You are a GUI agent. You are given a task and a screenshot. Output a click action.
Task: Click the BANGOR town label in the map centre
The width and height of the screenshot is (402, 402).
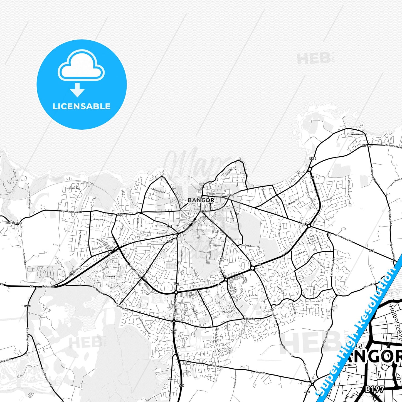pyautogui.click(x=201, y=200)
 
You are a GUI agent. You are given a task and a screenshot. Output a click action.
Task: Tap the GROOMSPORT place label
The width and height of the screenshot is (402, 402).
pyautogui.click(x=357, y=134)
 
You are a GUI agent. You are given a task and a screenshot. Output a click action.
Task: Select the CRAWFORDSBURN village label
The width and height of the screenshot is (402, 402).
pyautogui.click(x=13, y=223)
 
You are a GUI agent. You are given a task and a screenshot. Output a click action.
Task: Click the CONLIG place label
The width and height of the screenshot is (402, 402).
pyautogui.click(x=172, y=379)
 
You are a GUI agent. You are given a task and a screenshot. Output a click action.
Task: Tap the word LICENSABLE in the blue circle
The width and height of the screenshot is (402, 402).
pyautogui.click(x=82, y=106)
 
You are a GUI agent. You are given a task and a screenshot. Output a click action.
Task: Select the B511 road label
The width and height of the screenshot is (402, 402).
pyautogui.click(x=313, y=158)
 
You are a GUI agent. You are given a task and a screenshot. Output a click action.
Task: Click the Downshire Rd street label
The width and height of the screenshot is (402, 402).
pyautogui.click(x=159, y=191)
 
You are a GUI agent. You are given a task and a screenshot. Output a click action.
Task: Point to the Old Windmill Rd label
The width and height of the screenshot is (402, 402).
pyautogui.click(x=29, y=200)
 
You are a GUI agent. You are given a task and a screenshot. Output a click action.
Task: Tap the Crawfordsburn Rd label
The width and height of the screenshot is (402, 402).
pyautogui.click(x=72, y=211)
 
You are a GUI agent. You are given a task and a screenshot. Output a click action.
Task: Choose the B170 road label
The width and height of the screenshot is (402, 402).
pyautogui.click(x=28, y=306)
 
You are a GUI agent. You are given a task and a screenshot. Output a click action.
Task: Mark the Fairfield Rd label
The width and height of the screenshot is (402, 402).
pyautogui.click(x=246, y=246)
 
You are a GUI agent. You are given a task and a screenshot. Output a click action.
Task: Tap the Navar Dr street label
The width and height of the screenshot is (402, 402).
pyautogui.click(x=253, y=295)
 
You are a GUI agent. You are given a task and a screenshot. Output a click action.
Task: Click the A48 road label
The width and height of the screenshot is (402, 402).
pyautogui.click(x=307, y=392)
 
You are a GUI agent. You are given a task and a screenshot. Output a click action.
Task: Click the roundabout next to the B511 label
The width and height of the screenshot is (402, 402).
pyautogui.click(x=310, y=169)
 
